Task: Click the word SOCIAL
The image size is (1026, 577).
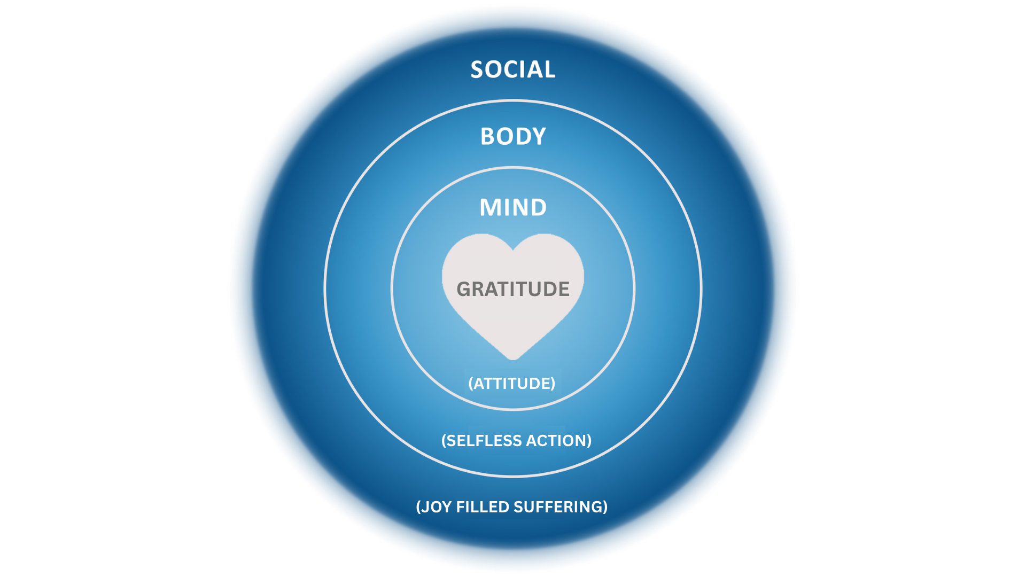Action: coord(513,70)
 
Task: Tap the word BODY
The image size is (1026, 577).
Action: coord(513,137)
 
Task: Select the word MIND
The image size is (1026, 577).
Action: coord(513,208)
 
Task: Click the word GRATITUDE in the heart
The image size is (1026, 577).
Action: coord(513,289)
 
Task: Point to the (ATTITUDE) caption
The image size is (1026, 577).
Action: coord(512,384)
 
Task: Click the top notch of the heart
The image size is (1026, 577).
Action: coord(513,249)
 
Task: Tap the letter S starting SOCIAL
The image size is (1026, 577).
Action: coord(477,70)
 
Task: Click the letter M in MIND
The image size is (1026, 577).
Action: coord(489,208)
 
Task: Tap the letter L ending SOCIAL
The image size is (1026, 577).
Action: coord(550,70)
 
